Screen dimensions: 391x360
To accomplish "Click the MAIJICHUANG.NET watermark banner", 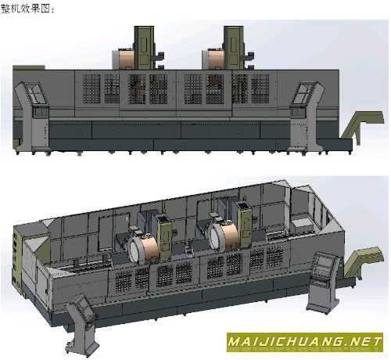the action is tap(305, 342).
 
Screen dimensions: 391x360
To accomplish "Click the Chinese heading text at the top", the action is tap(27, 9).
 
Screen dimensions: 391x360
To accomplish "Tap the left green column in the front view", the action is tap(144, 48).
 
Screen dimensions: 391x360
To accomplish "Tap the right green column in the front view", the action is tap(234, 48).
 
